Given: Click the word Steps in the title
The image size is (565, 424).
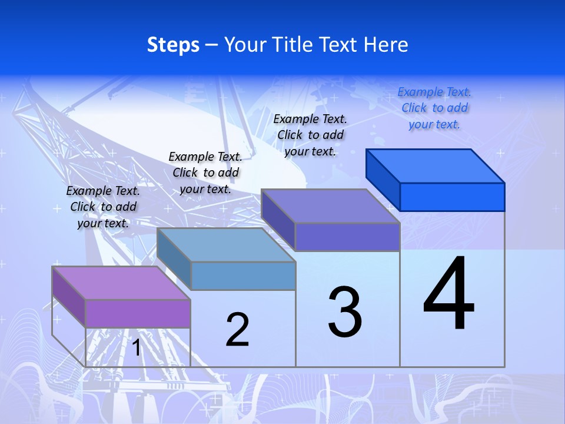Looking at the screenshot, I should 173,45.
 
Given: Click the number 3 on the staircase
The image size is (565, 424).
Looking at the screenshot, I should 345,312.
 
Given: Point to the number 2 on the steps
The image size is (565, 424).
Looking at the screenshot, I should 238,330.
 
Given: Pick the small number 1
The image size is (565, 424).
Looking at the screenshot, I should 137,347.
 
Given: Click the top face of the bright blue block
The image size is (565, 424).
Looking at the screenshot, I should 436,165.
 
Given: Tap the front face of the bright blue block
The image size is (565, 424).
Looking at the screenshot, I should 452,197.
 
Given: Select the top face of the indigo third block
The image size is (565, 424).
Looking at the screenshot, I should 331,206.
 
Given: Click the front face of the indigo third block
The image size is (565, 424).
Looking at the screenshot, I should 347,237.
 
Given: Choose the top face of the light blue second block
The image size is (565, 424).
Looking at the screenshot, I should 226,245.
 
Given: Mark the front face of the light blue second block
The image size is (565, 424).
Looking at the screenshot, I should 243,276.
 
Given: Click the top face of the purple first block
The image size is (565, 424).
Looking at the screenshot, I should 121,283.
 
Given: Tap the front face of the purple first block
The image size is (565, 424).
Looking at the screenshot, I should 138,313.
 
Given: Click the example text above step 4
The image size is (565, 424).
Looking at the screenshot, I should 434,108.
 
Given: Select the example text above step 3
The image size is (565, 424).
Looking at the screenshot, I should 310,135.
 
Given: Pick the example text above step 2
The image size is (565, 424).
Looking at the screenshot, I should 205,173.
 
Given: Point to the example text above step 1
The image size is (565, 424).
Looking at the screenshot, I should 103,207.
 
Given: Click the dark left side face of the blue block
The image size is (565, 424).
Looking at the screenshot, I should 383,179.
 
